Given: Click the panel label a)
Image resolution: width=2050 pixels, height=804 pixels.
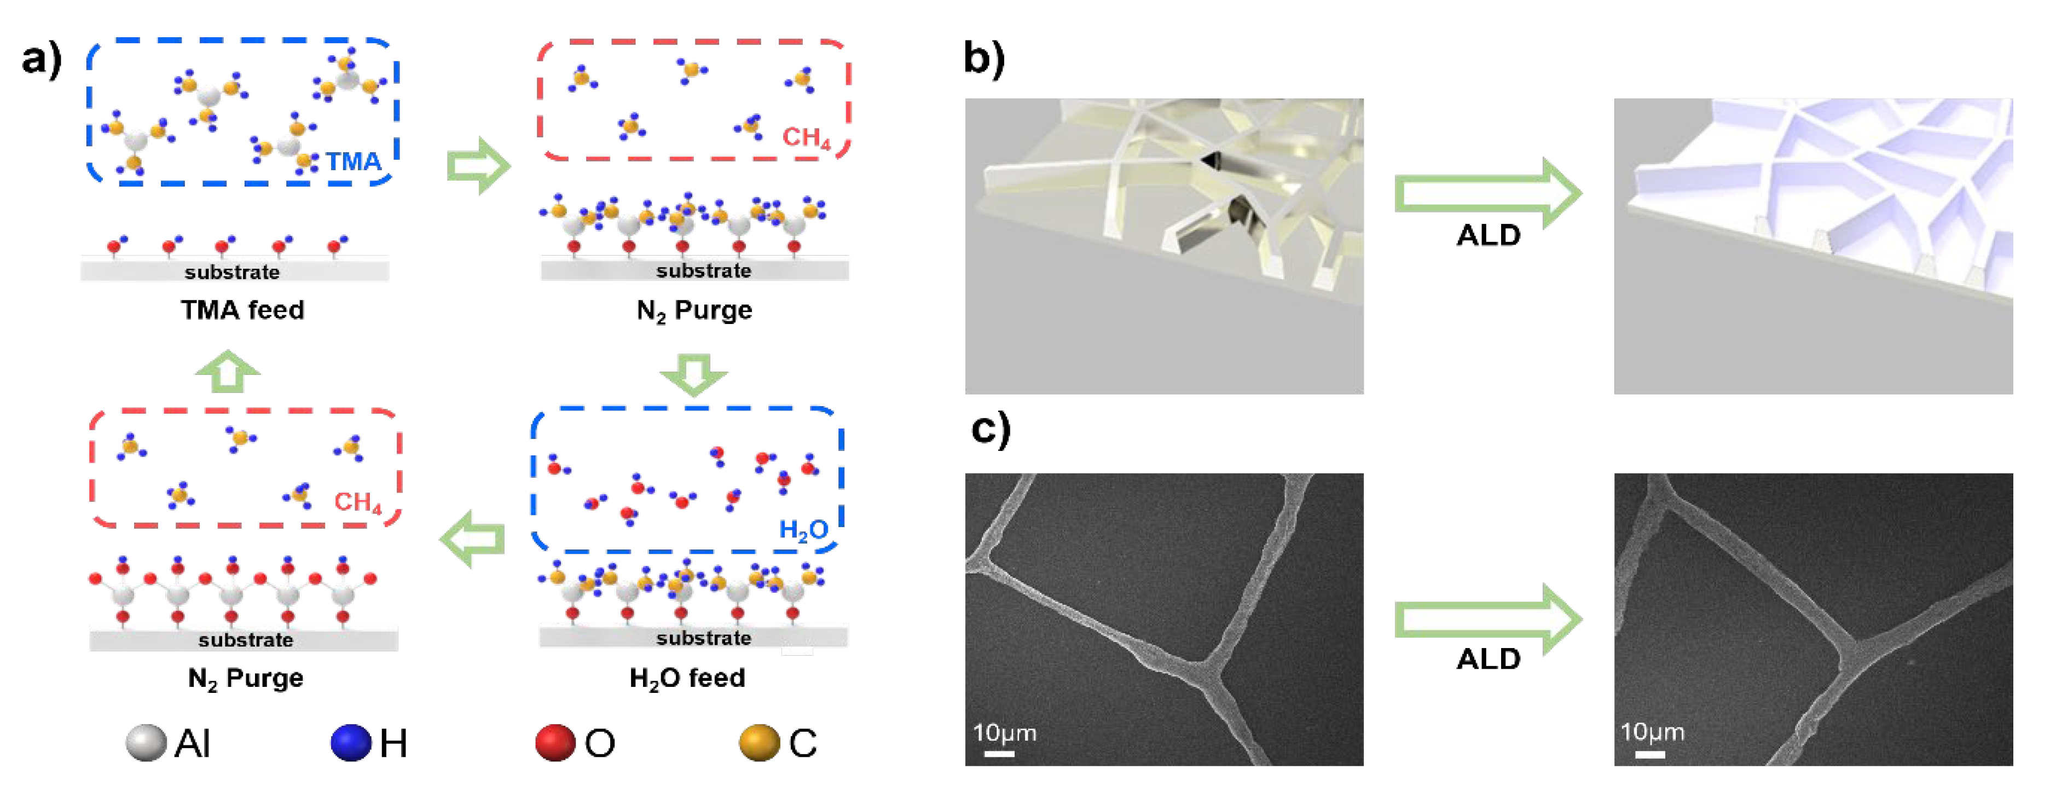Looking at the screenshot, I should click(42, 59).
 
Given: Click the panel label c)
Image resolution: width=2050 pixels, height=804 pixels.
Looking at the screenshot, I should click(991, 429).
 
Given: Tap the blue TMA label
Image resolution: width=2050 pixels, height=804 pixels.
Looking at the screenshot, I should click(354, 161).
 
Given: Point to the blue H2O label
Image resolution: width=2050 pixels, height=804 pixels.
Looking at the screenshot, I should click(803, 529).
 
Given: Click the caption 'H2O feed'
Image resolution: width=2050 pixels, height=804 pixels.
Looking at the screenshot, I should click(687, 678).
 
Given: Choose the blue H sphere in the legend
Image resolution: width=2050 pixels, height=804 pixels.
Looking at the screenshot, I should click(351, 743).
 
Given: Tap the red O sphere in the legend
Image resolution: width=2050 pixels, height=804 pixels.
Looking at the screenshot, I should click(555, 743).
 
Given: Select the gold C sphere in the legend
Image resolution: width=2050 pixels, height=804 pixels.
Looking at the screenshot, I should click(759, 743).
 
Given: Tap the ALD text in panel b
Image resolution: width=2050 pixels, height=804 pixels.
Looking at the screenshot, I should click(1488, 236).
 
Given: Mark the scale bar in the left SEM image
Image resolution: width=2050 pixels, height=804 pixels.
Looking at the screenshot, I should click(999, 752).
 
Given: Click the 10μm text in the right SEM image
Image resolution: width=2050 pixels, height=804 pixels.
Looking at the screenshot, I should click(1652, 732).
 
